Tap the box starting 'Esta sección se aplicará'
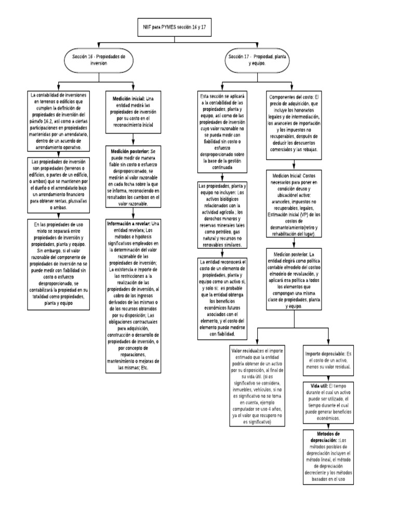(223, 132)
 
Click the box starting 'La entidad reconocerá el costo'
(223, 298)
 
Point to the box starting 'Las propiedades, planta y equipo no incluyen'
(223, 215)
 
